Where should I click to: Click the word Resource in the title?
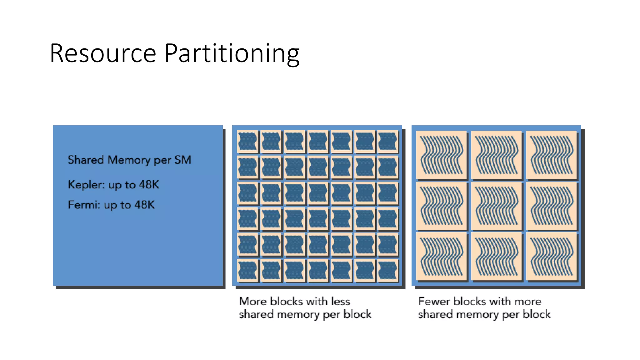(x=103, y=53)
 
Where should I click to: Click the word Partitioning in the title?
(x=232, y=53)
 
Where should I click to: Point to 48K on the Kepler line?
(x=149, y=185)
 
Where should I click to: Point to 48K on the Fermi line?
(x=144, y=205)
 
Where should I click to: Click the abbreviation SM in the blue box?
(x=182, y=160)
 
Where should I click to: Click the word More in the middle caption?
(x=253, y=301)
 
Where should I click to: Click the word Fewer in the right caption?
(x=434, y=301)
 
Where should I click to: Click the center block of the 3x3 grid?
(x=496, y=206)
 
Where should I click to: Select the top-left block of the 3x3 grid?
(x=442, y=155)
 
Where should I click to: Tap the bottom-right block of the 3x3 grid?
(x=552, y=256)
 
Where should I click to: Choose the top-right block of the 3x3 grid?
(x=552, y=155)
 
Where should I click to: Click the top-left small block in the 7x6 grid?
(x=247, y=141)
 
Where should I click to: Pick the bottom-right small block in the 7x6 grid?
(x=387, y=270)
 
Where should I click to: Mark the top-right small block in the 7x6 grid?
(x=387, y=141)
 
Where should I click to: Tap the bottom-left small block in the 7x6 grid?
(x=247, y=270)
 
